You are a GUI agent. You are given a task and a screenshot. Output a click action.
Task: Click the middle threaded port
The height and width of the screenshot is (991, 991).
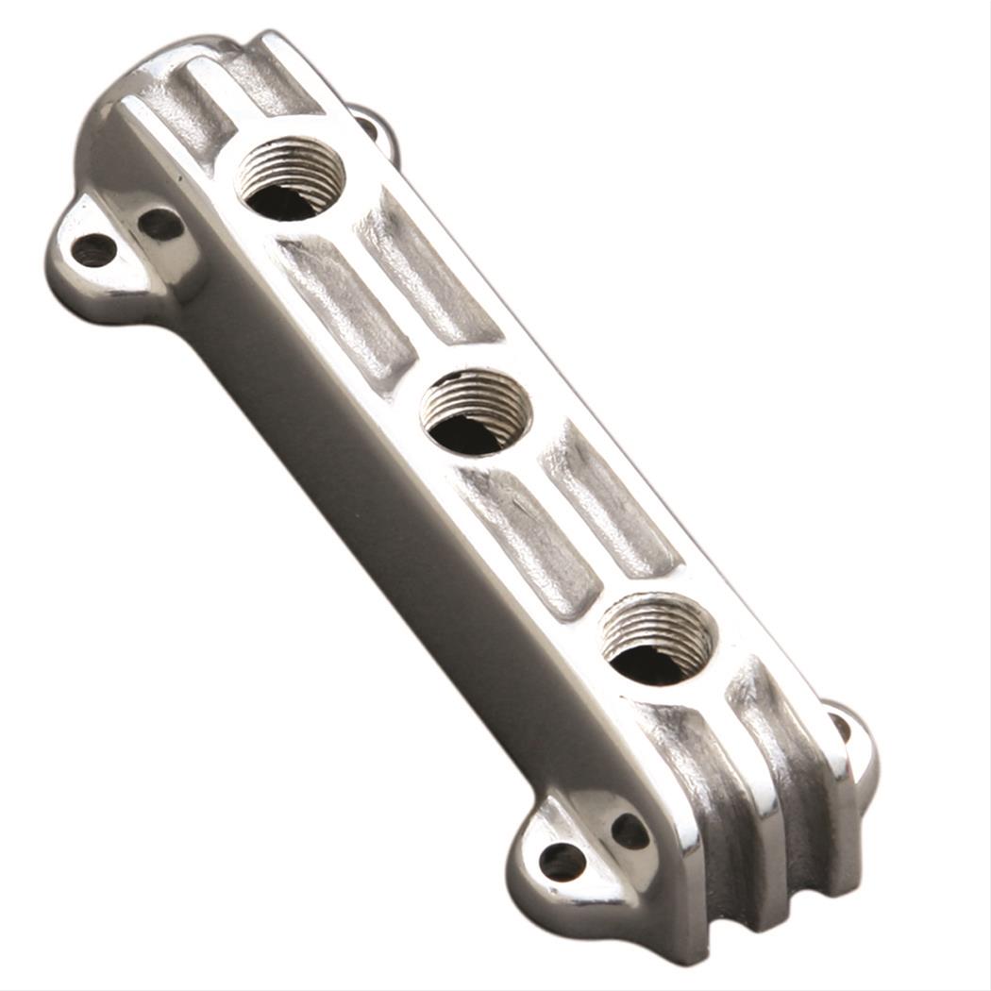pos(475,412)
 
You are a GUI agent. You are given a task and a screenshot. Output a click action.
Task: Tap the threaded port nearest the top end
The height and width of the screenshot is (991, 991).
pos(290,178)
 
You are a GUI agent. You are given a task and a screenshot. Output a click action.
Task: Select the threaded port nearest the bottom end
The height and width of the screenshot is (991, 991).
pos(658,639)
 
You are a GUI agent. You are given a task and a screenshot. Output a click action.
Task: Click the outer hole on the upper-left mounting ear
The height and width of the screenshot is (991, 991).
pos(94,249)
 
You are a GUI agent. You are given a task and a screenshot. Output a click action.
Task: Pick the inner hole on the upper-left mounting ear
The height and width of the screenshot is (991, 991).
pos(160,224)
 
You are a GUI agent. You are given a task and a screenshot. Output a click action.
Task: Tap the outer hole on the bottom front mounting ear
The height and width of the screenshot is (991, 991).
pos(563,861)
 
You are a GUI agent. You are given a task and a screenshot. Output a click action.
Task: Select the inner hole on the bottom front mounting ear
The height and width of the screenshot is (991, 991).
pos(630,831)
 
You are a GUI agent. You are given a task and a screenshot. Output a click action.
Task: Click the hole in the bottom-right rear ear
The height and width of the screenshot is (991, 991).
pos(839,727)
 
